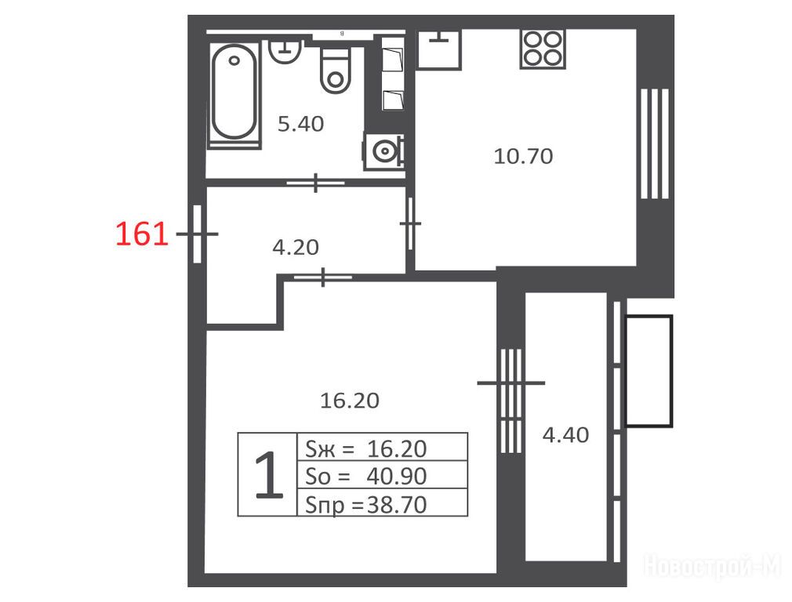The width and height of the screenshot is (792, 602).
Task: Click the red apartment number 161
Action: point(142,234)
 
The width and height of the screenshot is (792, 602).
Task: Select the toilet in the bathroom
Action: point(335,71)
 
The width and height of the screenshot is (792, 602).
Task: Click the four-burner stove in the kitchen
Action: point(543,49)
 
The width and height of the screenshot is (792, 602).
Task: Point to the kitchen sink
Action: point(439,49)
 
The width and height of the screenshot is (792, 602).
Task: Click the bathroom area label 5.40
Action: point(300,124)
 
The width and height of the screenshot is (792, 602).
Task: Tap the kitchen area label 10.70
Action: point(523,156)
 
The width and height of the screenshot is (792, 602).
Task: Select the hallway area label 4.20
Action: point(296,247)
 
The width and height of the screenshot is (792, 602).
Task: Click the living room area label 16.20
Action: point(350,401)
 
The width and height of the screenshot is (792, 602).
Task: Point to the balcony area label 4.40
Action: point(565,435)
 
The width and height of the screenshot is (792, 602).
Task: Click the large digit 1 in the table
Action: point(269,475)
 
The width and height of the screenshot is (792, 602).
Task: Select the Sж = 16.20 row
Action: point(383,448)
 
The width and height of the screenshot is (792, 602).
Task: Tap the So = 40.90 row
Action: point(383,475)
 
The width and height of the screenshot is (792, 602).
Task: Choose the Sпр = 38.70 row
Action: point(383,503)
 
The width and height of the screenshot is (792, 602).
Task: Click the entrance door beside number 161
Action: point(197,234)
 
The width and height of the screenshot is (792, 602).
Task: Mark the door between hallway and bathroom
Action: point(316,183)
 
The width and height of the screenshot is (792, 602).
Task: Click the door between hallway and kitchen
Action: point(411,223)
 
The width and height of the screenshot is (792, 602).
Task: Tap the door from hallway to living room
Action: point(323,277)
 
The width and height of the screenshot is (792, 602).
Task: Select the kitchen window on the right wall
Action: point(655,143)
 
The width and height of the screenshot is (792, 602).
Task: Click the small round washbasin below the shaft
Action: point(383,150)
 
